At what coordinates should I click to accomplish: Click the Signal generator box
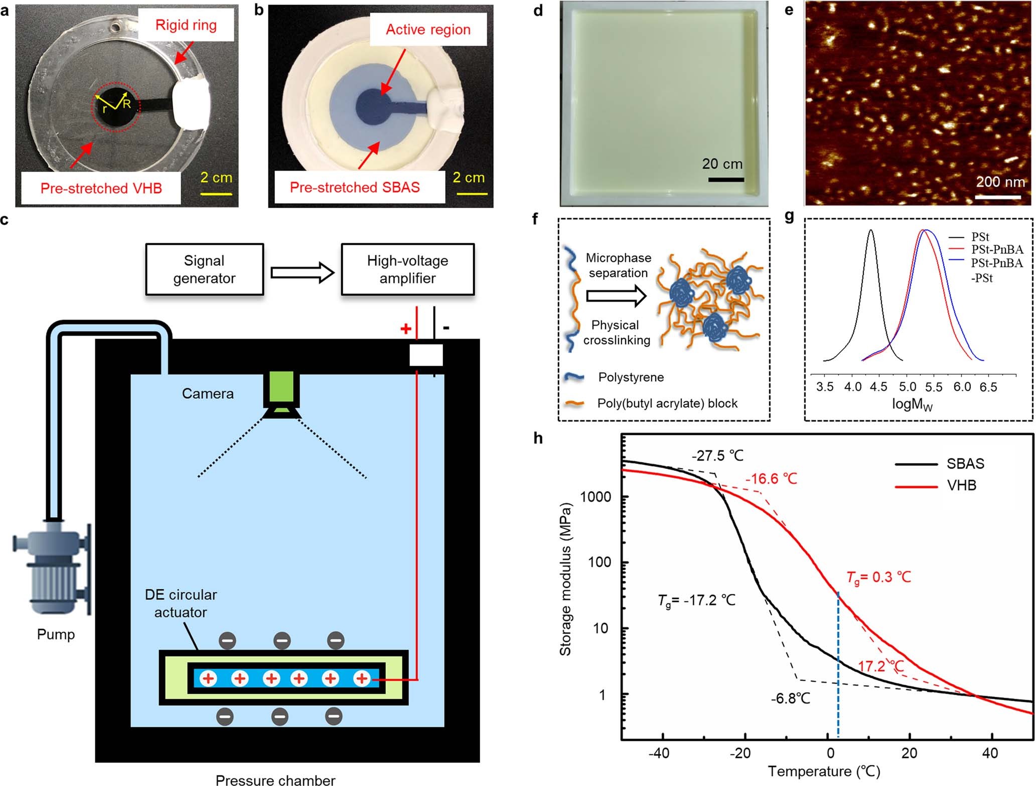(204, 269)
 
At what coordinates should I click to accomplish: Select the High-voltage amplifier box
(407, 269)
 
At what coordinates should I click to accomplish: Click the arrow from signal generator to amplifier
(302, 272)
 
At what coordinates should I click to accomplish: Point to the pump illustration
(52, 566)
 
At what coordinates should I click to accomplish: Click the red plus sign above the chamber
(405, 329)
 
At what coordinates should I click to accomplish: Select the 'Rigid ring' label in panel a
(186, 25)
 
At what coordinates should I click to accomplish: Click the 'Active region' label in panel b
(428, 30)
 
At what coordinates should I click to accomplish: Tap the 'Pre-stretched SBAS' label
(355, 188)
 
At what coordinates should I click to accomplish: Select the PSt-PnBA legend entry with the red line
(996, 249)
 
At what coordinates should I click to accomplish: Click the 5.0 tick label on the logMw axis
(907, 387)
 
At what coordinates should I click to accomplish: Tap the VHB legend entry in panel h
(961, 486)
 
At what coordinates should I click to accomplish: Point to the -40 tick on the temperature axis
(659, 753)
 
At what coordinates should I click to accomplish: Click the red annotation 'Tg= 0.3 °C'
(878, 577)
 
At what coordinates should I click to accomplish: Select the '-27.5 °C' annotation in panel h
(717, 455)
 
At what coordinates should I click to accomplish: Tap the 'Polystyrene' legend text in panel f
(631, 377)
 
